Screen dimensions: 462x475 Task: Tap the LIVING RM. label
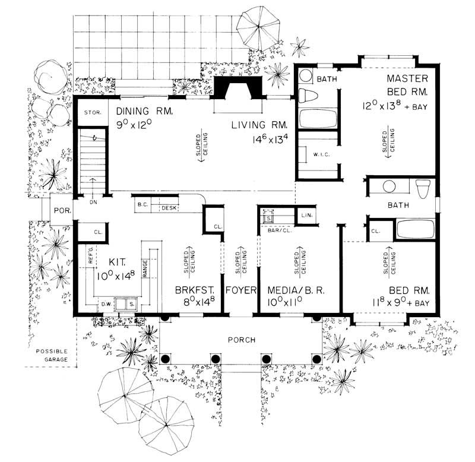click(259, 125)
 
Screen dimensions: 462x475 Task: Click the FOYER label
click(240, 292)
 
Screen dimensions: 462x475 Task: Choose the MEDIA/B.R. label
click(294, 292)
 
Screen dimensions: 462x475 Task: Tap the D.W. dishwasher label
click(107, 305)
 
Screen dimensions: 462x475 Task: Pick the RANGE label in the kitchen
click(144, 268)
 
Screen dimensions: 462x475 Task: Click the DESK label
click(169, 208)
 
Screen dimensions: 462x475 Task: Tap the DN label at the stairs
click(91, 201)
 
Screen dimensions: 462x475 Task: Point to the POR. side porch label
click(62, 211)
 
